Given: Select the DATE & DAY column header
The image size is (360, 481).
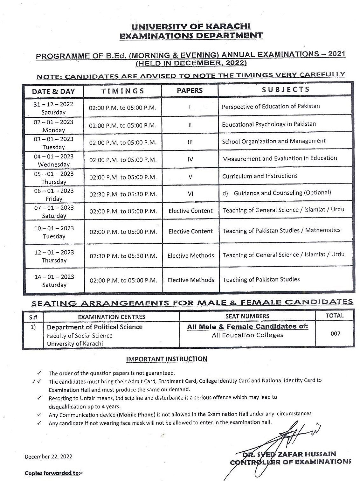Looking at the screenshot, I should [53, 92].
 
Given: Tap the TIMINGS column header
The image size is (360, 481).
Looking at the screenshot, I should [123, 91].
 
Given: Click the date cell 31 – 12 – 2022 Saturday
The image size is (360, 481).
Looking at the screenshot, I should [53, 108].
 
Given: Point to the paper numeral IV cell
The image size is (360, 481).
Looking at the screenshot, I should [190, 159].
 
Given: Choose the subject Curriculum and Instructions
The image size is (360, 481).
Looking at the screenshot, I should [260, 176].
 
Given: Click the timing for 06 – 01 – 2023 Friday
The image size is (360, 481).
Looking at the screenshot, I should [123, 194].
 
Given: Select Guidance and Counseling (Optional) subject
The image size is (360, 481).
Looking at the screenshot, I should [282, 193].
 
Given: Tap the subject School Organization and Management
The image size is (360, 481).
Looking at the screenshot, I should [273, 141].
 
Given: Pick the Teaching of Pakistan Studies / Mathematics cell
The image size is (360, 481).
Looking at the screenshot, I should [281, 230].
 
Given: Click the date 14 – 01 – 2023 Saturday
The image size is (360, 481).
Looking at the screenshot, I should [54, 281].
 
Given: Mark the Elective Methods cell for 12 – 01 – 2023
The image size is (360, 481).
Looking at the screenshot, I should [191, 255].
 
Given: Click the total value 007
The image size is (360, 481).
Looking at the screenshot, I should [335, 334].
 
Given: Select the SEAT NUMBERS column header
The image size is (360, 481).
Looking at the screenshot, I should [247, 316].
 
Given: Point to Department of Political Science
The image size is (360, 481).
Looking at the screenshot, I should [95, 327].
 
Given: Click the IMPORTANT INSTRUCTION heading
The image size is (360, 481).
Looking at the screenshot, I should [167, 359].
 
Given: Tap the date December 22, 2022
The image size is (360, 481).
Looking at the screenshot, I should [49, 457].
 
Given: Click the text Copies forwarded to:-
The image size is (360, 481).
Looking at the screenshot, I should [54, 473].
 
